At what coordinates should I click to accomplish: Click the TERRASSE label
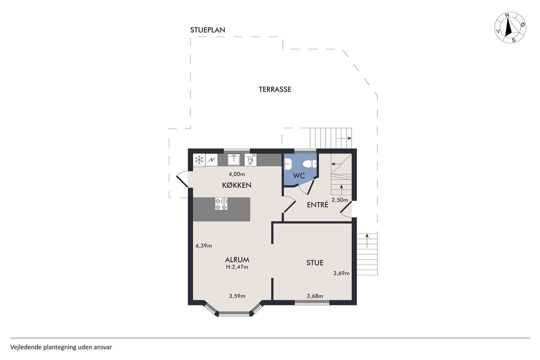tap(275, 89)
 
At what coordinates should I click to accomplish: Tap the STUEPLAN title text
tap(208, 30)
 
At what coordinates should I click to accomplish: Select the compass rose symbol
tap(510, 27)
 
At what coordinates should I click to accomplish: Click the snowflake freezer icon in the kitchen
tap(199, 160)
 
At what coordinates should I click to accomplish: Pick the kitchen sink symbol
tap(233, 160)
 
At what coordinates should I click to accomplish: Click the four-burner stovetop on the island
tap(221, 204)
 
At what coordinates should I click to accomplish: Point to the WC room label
tap(299, 176)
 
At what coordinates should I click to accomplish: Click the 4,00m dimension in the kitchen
tap(237, 174)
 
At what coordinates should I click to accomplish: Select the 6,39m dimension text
tap(204, 246)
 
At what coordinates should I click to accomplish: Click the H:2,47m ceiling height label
tap(237, 267)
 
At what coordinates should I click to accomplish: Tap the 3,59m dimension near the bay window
tap(237, 296)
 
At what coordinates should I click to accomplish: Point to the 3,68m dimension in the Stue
tap(315, 296)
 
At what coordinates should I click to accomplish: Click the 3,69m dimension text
tap(341, 273)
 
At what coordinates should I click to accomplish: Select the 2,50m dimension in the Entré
tap(340, 200)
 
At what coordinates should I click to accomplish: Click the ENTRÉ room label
tap(318, 205)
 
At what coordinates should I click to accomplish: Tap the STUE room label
tap(315, 263)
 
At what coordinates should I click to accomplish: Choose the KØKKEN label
tap(237, 185)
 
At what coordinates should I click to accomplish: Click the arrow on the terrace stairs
tap(344, 138)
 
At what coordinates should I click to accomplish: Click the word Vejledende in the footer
tap(26, 347)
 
